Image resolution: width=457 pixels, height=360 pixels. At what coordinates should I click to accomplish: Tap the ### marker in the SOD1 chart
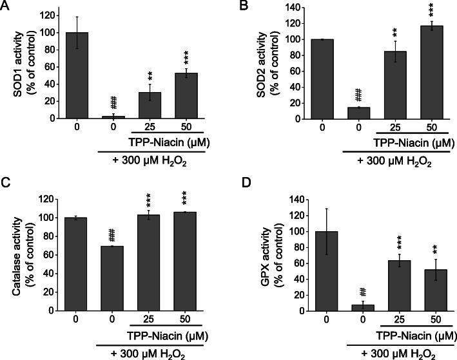click(x=113, y=102)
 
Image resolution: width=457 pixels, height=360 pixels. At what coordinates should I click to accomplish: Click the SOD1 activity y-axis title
click(x=21, y=62)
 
